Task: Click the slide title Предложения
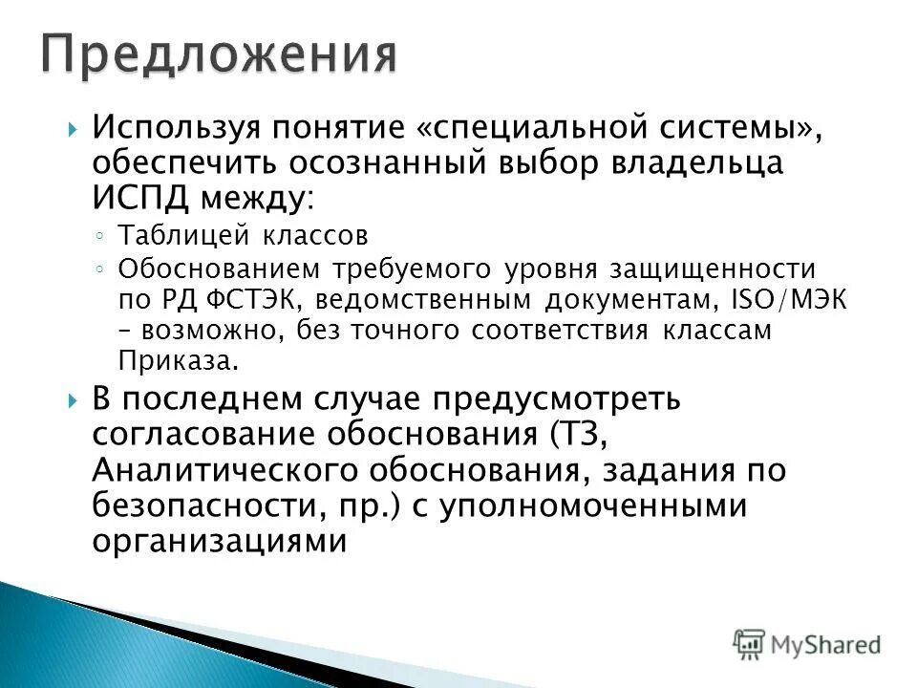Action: (218, 54)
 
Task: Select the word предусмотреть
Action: (571, 399)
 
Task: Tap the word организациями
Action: (218, 542)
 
